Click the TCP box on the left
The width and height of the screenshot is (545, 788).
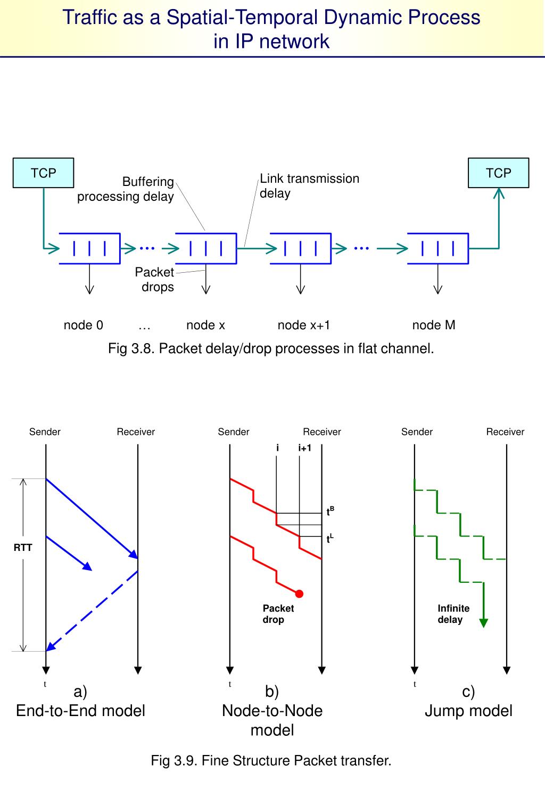43,173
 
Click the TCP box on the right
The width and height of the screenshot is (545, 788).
498,173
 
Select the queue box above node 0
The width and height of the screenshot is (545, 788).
89,248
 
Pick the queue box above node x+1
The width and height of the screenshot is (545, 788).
300,248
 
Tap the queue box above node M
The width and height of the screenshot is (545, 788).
437,248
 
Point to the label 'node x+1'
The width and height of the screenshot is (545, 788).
304,325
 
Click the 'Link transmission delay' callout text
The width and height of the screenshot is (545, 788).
309,186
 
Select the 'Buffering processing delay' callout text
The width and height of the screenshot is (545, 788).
126,189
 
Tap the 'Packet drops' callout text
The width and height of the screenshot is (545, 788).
155,280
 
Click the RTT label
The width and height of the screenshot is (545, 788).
23,547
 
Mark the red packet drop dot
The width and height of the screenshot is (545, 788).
299,594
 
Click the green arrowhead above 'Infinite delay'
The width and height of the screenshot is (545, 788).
483,622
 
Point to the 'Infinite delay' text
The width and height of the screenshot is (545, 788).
453,614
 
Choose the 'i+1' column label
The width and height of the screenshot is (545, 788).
304,448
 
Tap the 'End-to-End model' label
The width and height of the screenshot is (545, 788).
80,711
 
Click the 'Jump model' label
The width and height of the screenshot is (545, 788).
468,711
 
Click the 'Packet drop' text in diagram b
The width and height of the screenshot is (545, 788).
278,614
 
